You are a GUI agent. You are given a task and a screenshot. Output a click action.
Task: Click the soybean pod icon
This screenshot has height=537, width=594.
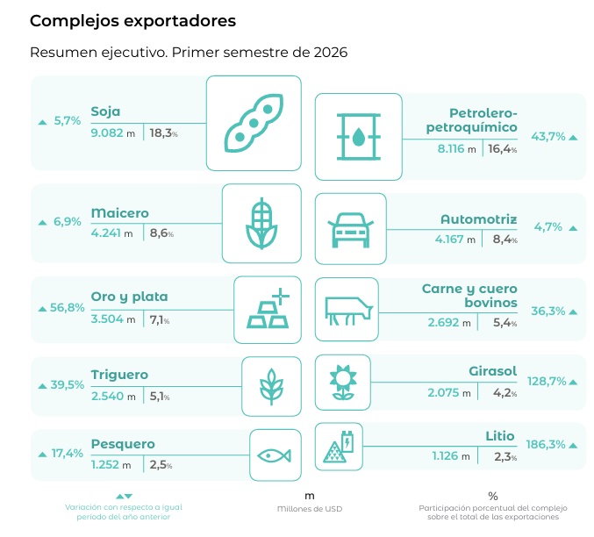click(x=254, y=124)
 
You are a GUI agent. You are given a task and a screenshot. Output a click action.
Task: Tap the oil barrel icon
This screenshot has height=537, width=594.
click(x=358, y=136)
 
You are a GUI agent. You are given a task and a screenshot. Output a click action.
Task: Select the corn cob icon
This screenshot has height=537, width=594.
click(x=261, y=224)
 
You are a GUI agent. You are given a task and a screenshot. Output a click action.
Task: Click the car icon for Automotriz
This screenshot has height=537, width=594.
click(x=350, y=230)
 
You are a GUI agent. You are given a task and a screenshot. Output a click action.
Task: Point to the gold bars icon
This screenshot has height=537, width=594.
click(x=268, y=309)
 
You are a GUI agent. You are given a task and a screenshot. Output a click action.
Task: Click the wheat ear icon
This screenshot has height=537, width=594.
click(x=271, y=387)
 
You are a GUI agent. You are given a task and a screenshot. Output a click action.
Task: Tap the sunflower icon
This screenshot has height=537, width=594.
click(x=343, y=382)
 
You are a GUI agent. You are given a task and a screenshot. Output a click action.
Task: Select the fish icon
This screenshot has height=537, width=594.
click(x=274, y=455)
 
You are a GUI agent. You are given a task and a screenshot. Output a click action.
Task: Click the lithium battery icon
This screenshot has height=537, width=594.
click(x=339, y=447)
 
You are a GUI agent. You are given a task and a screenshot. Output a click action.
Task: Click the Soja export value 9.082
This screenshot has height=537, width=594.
click(x=107, y=133)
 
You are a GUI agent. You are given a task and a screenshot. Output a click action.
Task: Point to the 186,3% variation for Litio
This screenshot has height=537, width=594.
click(x=546, y=444)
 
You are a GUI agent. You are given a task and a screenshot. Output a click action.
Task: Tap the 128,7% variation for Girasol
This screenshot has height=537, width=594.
click(x=547, y=381)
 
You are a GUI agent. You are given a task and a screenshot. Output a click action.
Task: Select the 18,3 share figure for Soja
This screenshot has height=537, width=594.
click(x=161, y=133)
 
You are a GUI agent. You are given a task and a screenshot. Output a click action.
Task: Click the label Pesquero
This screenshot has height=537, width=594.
click(x=123, y=444)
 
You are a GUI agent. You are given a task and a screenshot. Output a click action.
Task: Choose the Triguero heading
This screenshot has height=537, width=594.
click(x=119, y=375)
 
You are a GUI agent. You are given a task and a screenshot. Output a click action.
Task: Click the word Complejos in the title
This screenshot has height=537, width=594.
click(x=75, y=21)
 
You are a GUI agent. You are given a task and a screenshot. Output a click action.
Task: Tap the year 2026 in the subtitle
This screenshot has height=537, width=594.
click(x=330, y=53)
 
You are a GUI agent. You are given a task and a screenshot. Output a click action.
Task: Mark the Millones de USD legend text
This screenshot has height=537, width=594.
click(x=310, y=509)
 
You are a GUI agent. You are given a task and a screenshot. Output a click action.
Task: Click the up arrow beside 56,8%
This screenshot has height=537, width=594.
click(x=42, y=310)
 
